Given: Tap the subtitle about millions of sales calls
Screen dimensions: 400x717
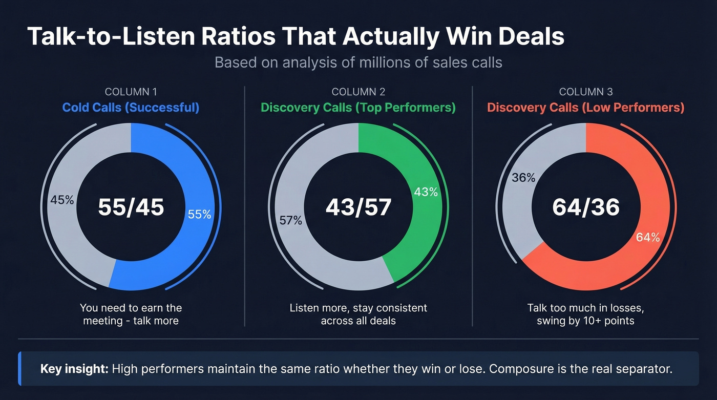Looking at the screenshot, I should (358, 62).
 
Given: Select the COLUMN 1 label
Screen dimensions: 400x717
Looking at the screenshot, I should (131, 92).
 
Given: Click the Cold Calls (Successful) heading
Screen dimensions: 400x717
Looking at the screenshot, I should (131, 108).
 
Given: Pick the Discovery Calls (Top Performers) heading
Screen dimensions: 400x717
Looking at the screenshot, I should (358, 108).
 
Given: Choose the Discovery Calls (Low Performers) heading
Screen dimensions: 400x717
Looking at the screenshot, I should (585, 108).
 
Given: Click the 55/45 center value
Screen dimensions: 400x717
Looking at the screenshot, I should (131, 207).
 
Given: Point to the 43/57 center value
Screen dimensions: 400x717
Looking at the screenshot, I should (358, 207).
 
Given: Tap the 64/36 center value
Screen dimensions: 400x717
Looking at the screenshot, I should (586, 207).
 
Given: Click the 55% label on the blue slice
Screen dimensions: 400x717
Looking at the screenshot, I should (200, 215).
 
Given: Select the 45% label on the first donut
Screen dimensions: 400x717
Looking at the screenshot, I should (62, 200).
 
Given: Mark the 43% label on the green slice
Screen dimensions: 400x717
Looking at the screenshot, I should (426, 192).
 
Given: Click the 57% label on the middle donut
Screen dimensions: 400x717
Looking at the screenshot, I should (290, 221).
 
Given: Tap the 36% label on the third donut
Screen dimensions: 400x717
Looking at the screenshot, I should (523, 178).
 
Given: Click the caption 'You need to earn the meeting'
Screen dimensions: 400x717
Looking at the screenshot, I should (131, 314).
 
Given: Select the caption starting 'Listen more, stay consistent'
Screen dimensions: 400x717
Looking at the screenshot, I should (358, 314).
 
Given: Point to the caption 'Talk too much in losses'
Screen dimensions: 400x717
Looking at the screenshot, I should (585, 314).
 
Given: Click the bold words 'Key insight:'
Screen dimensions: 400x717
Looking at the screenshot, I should (74, 369).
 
